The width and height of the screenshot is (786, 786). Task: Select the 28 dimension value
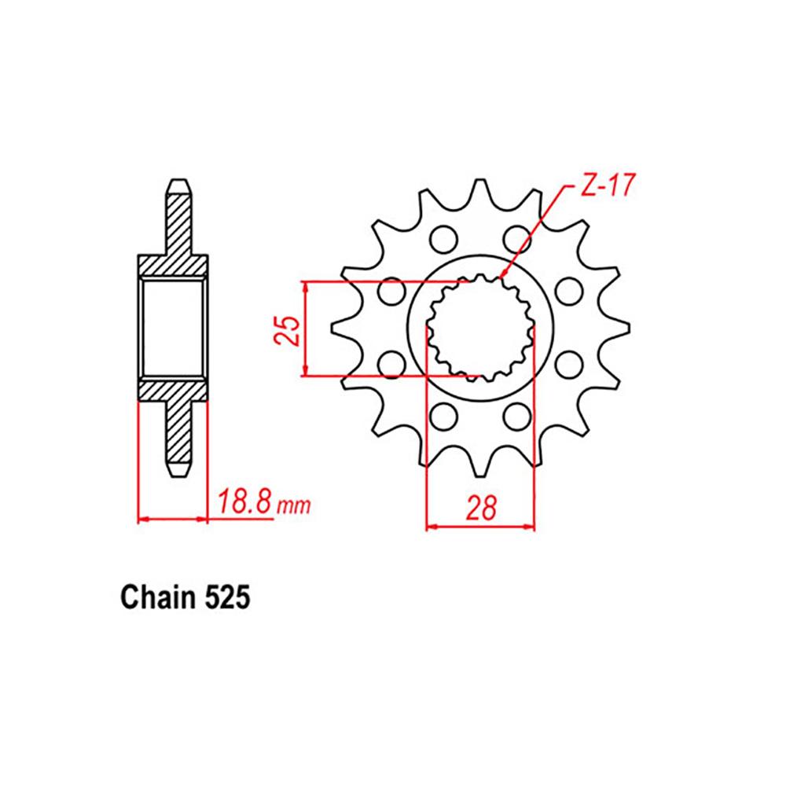click(480, 509)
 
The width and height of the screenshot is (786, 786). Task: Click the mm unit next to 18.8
click(292, 507)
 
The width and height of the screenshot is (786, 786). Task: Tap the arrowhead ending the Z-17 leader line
click(503, 276)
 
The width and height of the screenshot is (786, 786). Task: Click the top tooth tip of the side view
click(179, 182)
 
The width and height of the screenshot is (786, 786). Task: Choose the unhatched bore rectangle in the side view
click(173, 326)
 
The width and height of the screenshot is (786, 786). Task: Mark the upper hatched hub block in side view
click(173, 266)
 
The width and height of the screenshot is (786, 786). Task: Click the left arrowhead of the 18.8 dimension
click(142, 519)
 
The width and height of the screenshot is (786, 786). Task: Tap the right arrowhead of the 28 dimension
click(531, 527)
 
